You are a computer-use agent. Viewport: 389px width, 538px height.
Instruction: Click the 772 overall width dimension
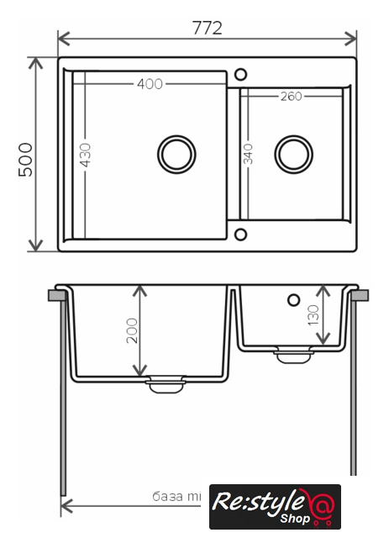208,28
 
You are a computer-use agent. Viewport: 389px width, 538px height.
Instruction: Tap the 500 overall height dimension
25,160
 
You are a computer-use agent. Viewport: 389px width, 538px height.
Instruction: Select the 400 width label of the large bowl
150,84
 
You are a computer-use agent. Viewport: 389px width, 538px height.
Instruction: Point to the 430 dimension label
86,155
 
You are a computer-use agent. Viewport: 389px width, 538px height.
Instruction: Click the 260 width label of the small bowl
292,97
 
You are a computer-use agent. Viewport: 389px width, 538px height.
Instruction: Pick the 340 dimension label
248,154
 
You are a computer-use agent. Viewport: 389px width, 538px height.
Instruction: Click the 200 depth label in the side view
132,330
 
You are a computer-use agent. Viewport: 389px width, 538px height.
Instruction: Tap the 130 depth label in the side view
313,315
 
